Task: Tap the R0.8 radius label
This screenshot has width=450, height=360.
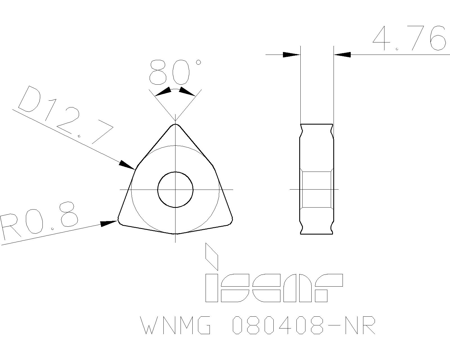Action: [x=39, y=222]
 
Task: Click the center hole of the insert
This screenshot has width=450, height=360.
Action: [x=175, y=190]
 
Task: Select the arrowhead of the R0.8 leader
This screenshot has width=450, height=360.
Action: [x=109, y=223]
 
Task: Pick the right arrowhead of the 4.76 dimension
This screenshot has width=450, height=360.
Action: [x=342, y=55]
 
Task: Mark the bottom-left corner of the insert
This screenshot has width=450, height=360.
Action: [x=120, y=221]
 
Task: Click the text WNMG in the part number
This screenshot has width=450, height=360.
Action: [x=176, y=325]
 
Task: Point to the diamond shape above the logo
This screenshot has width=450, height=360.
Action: [x=212, y=256]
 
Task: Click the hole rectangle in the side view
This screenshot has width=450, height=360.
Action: [x=316, y=190]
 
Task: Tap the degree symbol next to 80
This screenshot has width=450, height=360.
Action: [x=198, y=62]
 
